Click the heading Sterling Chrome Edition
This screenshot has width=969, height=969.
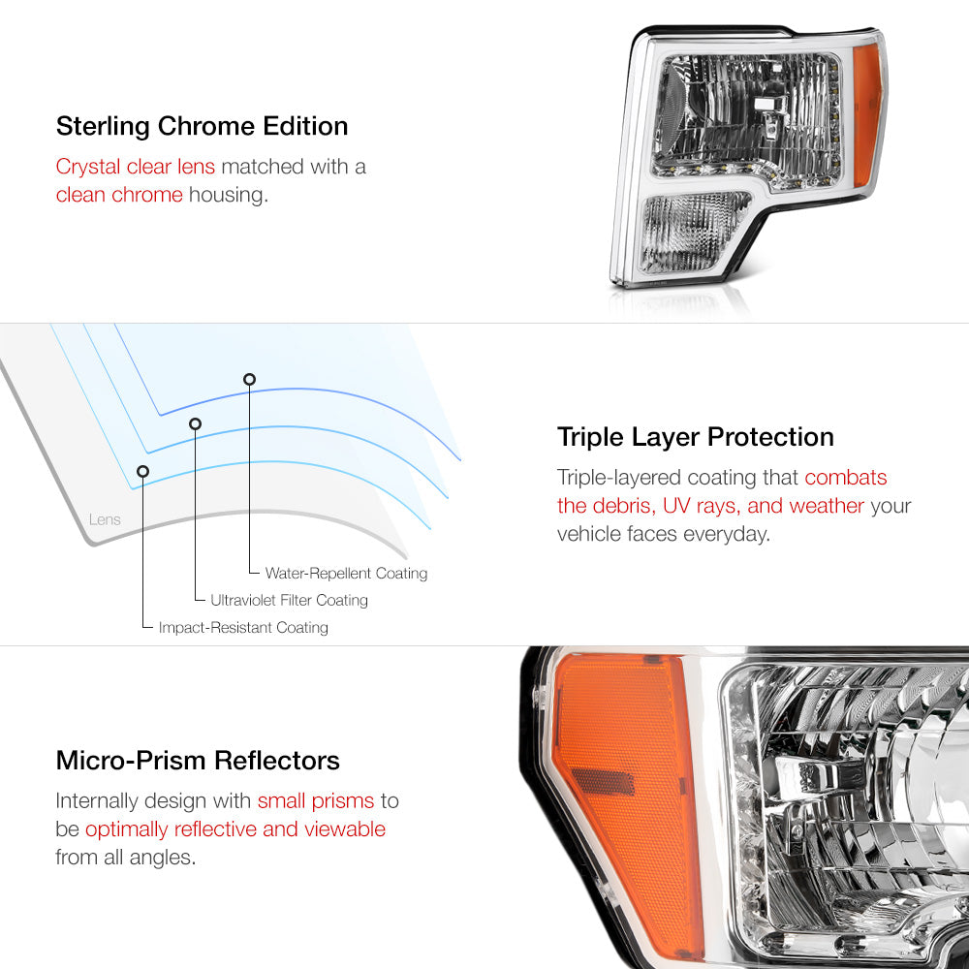point(203,126)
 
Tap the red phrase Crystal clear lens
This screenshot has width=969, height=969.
point(136,167)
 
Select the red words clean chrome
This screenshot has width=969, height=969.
point(119,195)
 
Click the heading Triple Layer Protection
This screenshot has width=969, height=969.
point(695,437)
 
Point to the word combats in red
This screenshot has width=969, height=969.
point(845,477)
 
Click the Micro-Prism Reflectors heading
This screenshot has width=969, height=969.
point(198,760)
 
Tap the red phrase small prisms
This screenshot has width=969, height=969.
point(316,801)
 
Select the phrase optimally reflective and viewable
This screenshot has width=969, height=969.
point(235,829)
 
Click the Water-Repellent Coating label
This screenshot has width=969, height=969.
point(346,574)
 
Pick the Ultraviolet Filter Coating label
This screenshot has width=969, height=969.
point(289,600)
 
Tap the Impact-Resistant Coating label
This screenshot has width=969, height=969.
point(243,627)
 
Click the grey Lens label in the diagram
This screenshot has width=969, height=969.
point(105,519)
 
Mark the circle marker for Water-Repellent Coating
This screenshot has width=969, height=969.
point(249,380)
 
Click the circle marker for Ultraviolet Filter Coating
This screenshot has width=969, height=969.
point(196,424)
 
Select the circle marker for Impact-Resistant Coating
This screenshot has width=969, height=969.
point(142,472)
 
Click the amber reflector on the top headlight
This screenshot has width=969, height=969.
point(866,117)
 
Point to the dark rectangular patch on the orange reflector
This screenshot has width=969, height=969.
point(603,782)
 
